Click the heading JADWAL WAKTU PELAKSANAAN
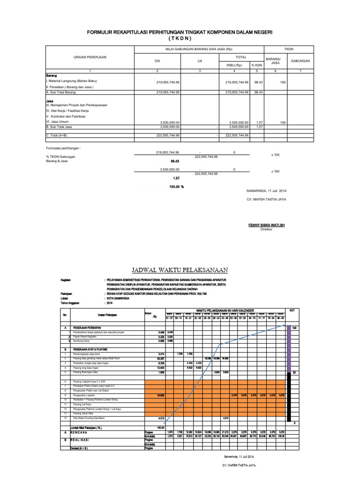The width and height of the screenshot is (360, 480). click(x=180, y=270)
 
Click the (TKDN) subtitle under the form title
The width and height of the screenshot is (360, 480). click(x=180, y=38)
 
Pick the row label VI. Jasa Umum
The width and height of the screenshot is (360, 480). click(x=57, y=121)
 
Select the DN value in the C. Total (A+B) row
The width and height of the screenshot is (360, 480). click(x=168, y=135)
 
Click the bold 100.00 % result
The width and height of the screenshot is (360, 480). click(x=176, y=187)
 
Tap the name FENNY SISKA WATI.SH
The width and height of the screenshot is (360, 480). click(x=266, y=225)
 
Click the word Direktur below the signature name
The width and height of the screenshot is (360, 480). click(x=266, y=230)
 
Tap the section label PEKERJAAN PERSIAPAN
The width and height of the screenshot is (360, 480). click(x=87, y=328)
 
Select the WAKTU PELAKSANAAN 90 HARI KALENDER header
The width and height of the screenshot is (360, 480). click(x=225, y=310)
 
